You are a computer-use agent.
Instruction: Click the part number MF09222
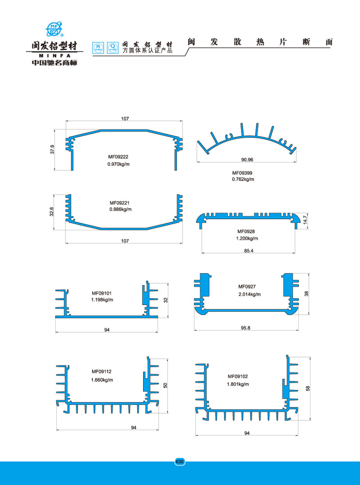click(x=118, y=157)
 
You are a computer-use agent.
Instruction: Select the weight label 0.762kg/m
click(x=243, y=179)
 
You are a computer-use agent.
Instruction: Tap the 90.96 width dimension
click(x=247, y=160)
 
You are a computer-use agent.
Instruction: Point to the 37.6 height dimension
click(x=52, y=149)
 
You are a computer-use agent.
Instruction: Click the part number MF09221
click(x=119, y=203)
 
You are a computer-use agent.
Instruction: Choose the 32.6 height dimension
click(x=52, y=211)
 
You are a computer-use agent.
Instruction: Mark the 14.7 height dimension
click(x=305, y=220)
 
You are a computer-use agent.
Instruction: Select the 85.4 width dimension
click(x=248, y=251)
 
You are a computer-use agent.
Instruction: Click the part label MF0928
click(x=246, y=231)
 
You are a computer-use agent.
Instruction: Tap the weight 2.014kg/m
click(x=249, y=294)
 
